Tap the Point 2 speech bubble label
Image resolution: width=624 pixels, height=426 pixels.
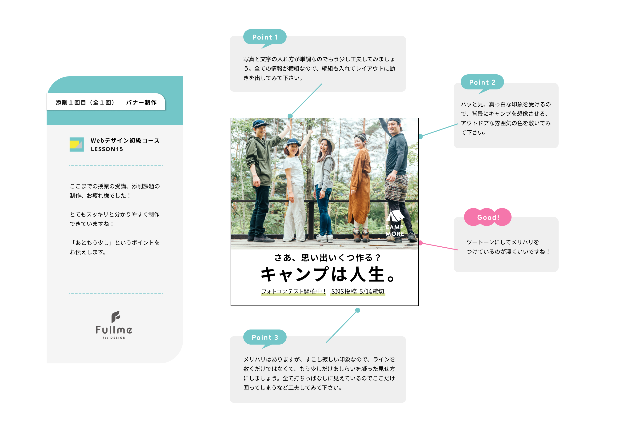[482, 82]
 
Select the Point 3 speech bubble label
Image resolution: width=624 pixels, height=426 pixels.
[264, 337]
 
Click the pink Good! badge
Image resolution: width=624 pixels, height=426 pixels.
[488, 217]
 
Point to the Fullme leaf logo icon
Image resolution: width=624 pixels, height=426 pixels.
[116, 317]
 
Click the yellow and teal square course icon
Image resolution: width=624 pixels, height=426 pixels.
[76, 145]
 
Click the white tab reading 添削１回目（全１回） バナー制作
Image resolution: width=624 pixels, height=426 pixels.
[106, 102]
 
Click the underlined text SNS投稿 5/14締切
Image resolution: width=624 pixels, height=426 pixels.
[358, 291]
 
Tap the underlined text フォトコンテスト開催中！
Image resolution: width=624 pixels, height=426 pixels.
[293, 291]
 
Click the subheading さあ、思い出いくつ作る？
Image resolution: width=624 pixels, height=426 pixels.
[328, 257]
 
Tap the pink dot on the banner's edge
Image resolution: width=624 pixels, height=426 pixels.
[420, 243]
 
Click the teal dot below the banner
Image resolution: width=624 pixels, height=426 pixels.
[358, 310]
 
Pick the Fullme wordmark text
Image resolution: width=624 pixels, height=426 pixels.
[114, 330]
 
